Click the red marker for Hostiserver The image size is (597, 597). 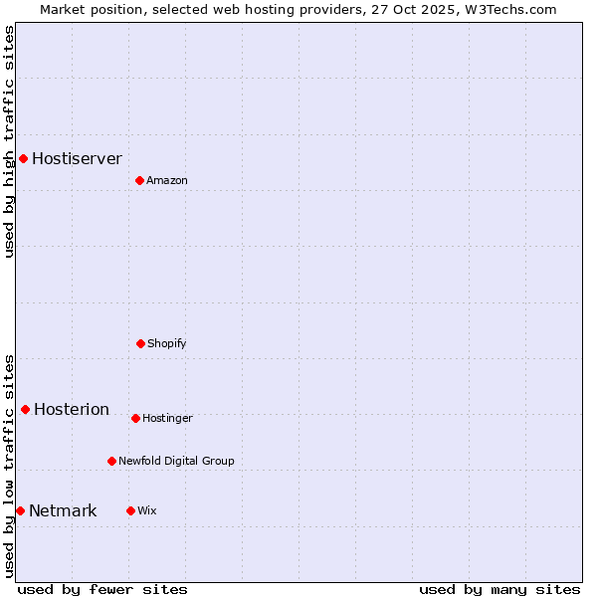pyautogui.click(x=23, y=158)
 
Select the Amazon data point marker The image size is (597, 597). pyautogui.click(x=139, y=180)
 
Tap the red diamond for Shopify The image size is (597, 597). pyautogui.click(x=140, y=343)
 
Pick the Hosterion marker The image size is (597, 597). pyautogui.click(x=25, y=409)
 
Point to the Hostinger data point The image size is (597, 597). pyautogui.click(x=135, y=418)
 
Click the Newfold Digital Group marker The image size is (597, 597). pyautogui.click(x=111, y=461)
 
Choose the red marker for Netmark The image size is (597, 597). pyautogui.click(x=20, y=510)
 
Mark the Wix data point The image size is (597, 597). pyautogui.click(x=130, y=510)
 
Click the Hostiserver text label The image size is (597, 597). pyautogui.click(x=77, y=158)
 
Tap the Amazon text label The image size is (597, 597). pyautogui.click(x=167, y=180)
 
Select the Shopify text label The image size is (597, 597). pyautogui.click(x=167, y=343)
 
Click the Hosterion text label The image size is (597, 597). pyautogui.click(x=72, y=409)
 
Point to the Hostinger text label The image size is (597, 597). pyautogui.click(x=167, y=418)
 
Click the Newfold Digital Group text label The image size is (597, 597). pyautogui.click(x=176, y=461)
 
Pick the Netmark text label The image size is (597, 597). pyautogui.click(x=63, y=510)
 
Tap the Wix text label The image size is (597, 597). pyautogui.click(x=147, y=510)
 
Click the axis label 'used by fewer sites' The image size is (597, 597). pyautogui.click(x=102, y=589)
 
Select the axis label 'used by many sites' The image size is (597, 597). pyautogui.click(x=499, y=589)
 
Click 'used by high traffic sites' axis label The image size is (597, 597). pyautogui.click(x=9, y=141)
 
